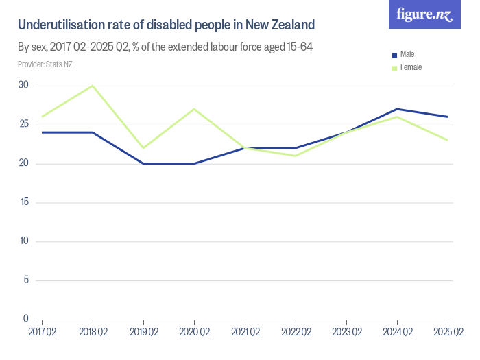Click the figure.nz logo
pos(424,14)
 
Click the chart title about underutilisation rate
pos(166,25)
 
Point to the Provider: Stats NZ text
pos(45,64)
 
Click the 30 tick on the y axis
pos(24,85)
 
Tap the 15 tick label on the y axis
pos(24,202)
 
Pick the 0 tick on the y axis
pos(25,319)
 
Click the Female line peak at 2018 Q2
pos(93,86)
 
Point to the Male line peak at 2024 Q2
pos(397,109)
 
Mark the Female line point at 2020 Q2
pos(194,109)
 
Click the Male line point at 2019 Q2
pos(143,163)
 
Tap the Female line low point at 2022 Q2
pos(296,156)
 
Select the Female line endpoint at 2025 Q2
pos(448,140)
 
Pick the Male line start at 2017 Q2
pos(42,132)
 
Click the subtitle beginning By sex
pos(165,47)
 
